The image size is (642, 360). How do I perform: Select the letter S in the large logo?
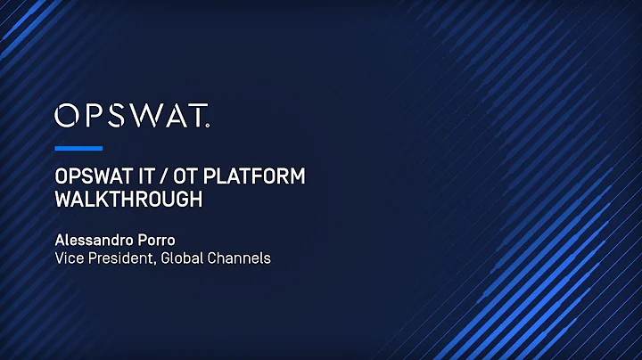click(119, 116)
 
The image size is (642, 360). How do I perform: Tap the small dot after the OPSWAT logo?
click(209, 126)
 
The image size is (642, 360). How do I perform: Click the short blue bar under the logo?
click(78, 148)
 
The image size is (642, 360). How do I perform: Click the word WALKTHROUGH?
click(128, 199)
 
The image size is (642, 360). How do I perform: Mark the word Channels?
click(241, 258)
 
